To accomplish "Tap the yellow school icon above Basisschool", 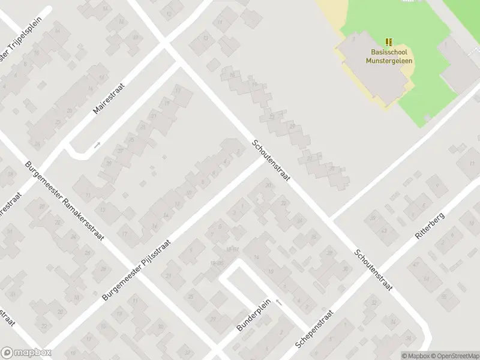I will (x=389, y=42).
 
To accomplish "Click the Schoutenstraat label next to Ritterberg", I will (x=373, y=270).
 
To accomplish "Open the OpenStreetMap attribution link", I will (x=455, y=356).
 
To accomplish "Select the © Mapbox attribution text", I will (x=416, y=356).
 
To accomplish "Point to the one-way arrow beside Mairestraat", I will (x=97, y=145).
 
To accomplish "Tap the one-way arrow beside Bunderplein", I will (x=278, y=302).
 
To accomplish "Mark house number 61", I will (x=427, y=278).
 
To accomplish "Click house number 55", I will (x=444, y=297).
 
